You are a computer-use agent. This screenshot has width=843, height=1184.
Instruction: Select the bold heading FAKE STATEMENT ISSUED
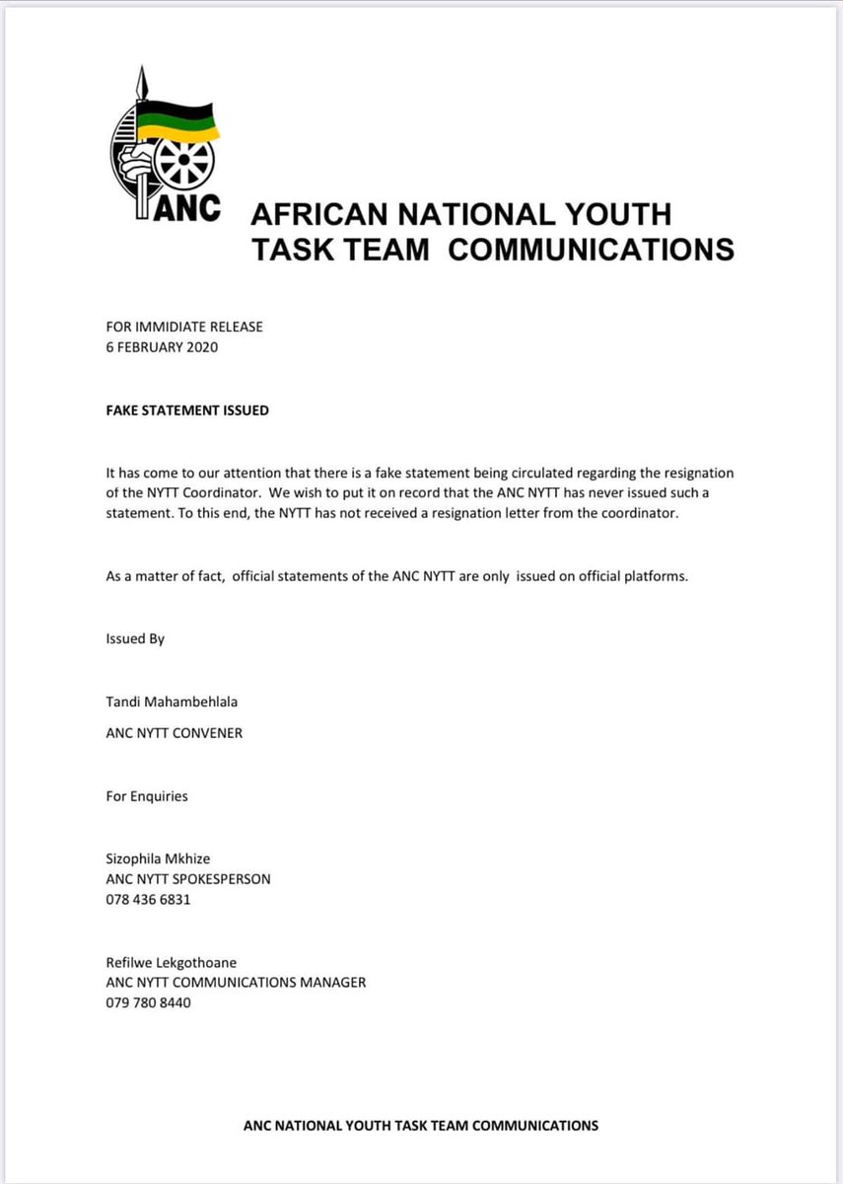click(187, 410)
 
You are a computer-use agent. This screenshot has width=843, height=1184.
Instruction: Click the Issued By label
click(135, 638)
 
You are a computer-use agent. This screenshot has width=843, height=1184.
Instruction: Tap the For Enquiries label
click(147, 795)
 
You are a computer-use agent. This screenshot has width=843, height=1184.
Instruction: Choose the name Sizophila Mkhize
click(158, 859)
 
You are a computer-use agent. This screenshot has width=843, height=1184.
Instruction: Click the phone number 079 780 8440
click(149, 1002)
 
